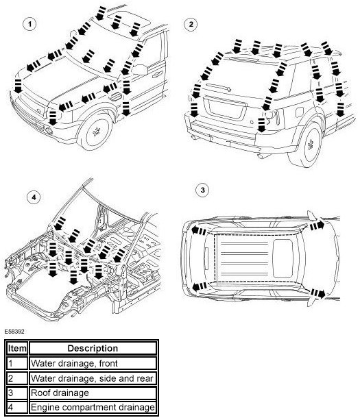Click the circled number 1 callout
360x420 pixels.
pyautogui.click(x=29, y=24)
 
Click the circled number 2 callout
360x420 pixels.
pyautogui.click(x=191, y=24)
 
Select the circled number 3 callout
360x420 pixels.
pyautogui.click(x=202, y=190)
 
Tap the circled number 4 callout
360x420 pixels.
pyautogui.click(x=34, y=197)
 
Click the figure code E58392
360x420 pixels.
pyautogui.click(x=14, y=332)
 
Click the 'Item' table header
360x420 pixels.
pyautogui.click(x=17, y=348)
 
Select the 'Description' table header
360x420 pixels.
pyautogui.click(x=93, y=348)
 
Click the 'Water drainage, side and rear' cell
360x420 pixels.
pyautogui.click(x=92, y=378)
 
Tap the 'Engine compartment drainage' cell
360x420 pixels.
pyautogui.click(x=93, y=408)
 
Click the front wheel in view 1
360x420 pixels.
pyautogui.click(x=95, y=132)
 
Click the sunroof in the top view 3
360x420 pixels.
pyautogui.click(x=283, y=258)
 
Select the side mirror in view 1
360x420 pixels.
pyautogui.click(x=140, y=69)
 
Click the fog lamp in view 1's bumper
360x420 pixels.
pyautogui.click(x=49, y=131)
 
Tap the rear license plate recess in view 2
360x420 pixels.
pyautogui.click(x=225, y=108)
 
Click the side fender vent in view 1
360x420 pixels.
pyautogui.click(x=116, y=97)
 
